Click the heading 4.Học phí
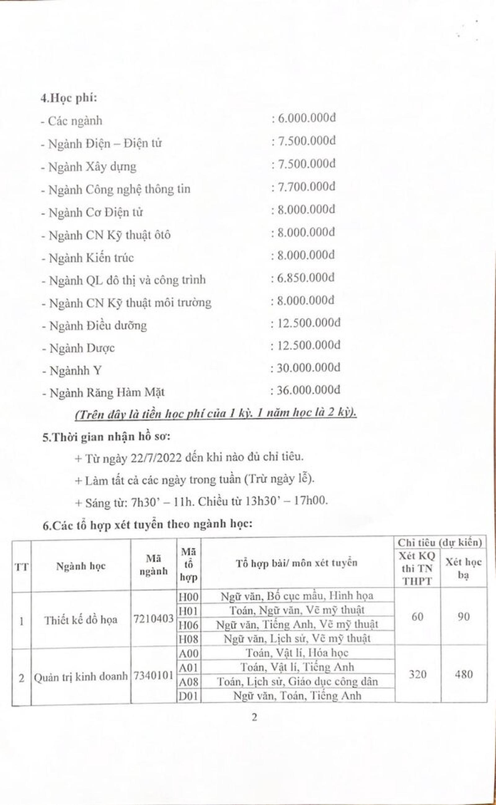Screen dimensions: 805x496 click(x=69, y=98)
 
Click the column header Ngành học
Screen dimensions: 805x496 click(x=81, y=566)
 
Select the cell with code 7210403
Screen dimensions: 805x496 click(x=153, y=619)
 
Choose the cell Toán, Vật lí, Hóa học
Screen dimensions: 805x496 click(x=297, y=653)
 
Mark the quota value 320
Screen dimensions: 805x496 click(x=418, y=675)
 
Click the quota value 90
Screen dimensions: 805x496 click(x=463, y=617)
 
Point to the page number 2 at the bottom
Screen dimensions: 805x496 click(x=254, y=718)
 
